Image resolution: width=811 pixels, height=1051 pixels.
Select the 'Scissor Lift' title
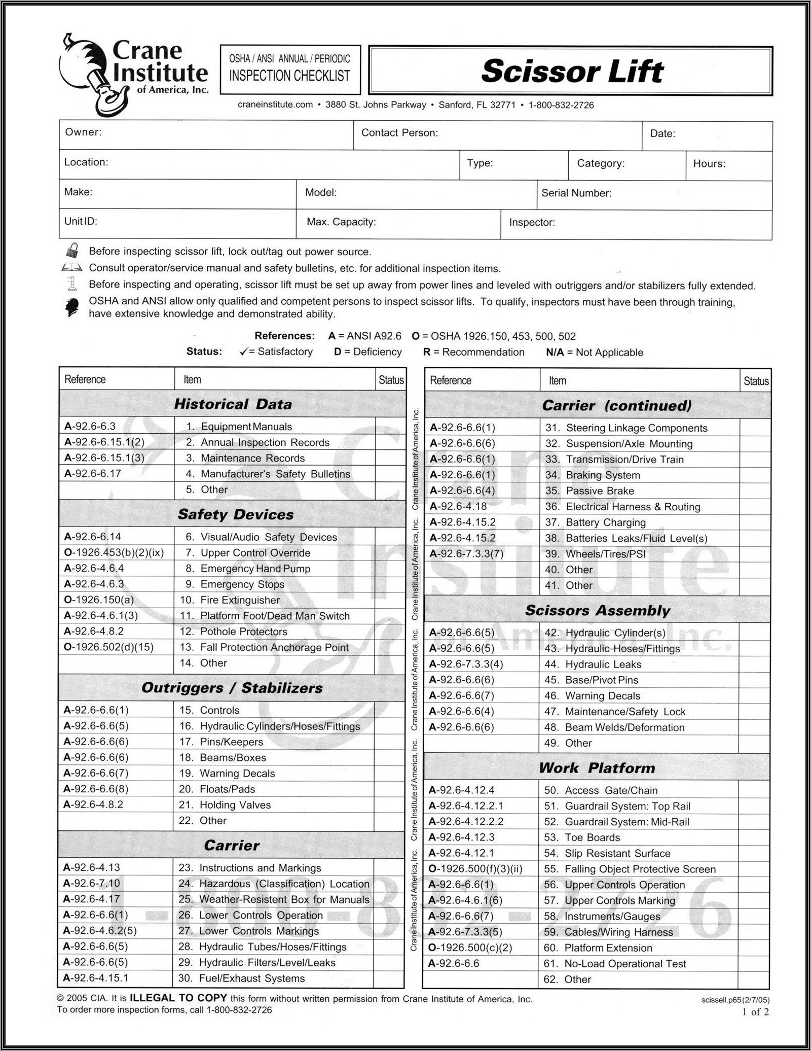(x=572, y=71)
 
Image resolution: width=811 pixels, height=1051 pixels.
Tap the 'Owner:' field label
(x=83, y=132)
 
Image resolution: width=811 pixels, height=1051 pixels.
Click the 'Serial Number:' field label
(x=576, y=193)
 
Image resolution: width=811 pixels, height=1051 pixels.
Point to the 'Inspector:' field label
(x=532, y=223)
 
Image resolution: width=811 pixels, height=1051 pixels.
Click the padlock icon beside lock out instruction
(x=72, y=251)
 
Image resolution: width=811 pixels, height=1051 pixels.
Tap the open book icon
(x=71, y=267)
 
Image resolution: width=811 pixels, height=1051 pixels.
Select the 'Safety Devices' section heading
(x=235, y=514)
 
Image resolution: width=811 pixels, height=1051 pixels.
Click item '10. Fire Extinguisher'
(x=230, y=600)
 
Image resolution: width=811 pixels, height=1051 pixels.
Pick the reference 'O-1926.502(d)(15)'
(x=108, y=647)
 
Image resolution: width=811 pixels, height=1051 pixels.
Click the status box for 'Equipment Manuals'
(x=390, y=427)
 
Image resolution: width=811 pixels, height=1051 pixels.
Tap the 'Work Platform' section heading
(x=597, y=768)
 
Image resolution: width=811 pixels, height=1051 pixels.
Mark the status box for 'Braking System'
(x=755, y=475)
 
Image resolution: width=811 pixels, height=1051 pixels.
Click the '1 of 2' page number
(x=755, y=1012)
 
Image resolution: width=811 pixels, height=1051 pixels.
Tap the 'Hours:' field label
(x=709, y=164)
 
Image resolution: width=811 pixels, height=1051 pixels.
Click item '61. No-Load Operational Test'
(x=615, y=964)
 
